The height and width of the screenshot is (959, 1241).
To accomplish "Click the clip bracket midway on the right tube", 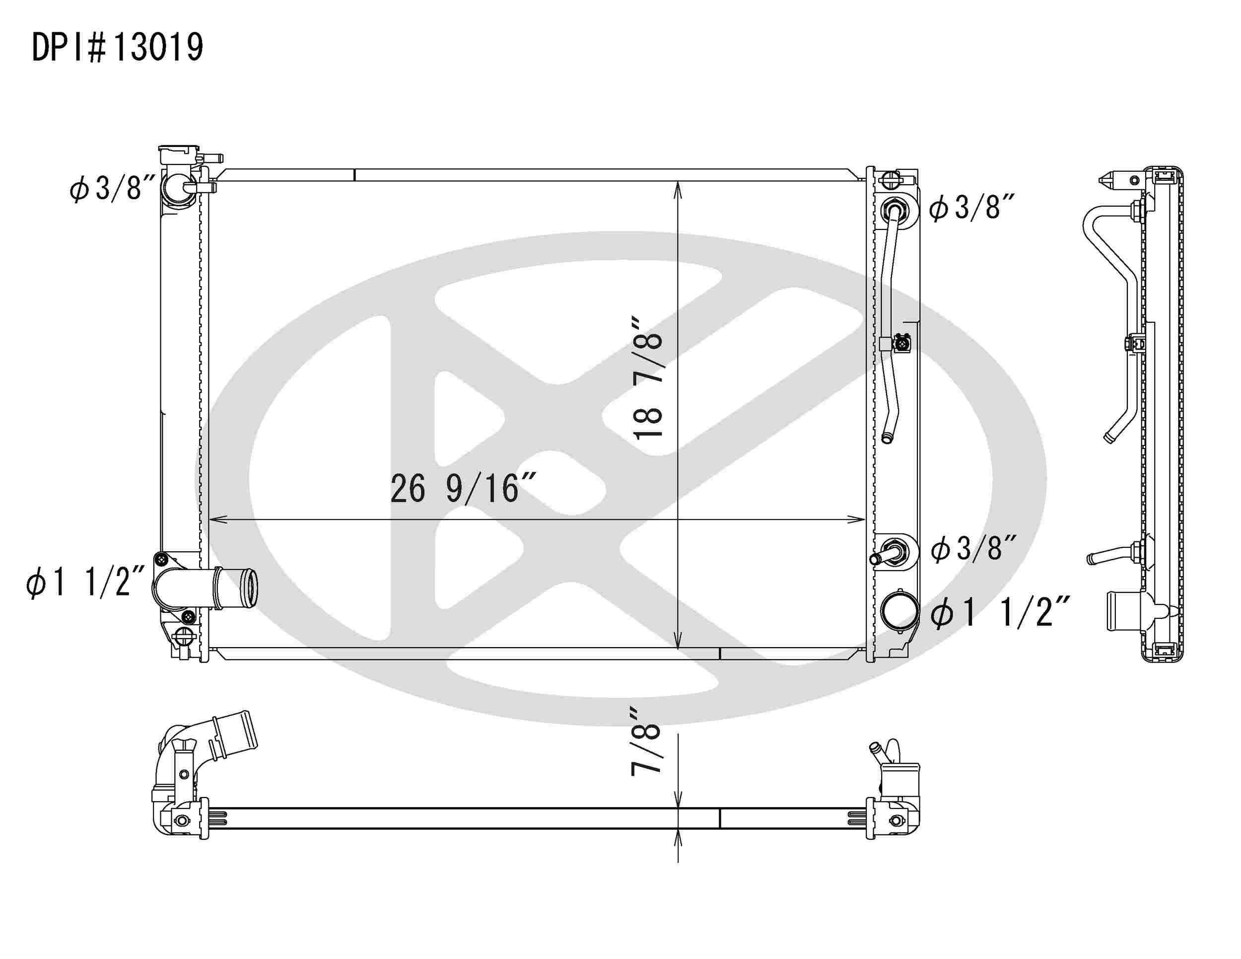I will [x=900, y=343].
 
